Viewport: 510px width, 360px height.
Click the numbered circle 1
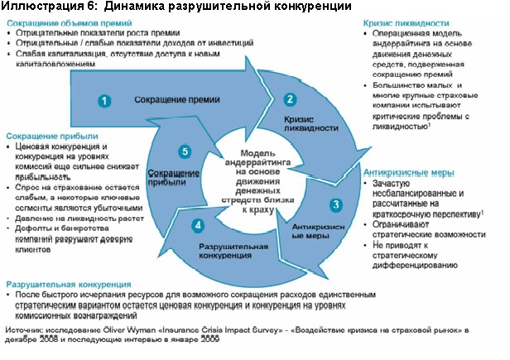coord(104,100)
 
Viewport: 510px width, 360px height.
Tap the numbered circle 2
coord(289,99)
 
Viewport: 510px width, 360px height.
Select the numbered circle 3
coord(335,204)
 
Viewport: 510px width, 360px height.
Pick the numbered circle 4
coord(196,225)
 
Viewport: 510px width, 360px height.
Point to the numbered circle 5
coord(185,151)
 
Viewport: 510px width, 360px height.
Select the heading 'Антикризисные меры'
coord(409,171)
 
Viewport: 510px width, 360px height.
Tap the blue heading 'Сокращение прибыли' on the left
coord(52,136)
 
